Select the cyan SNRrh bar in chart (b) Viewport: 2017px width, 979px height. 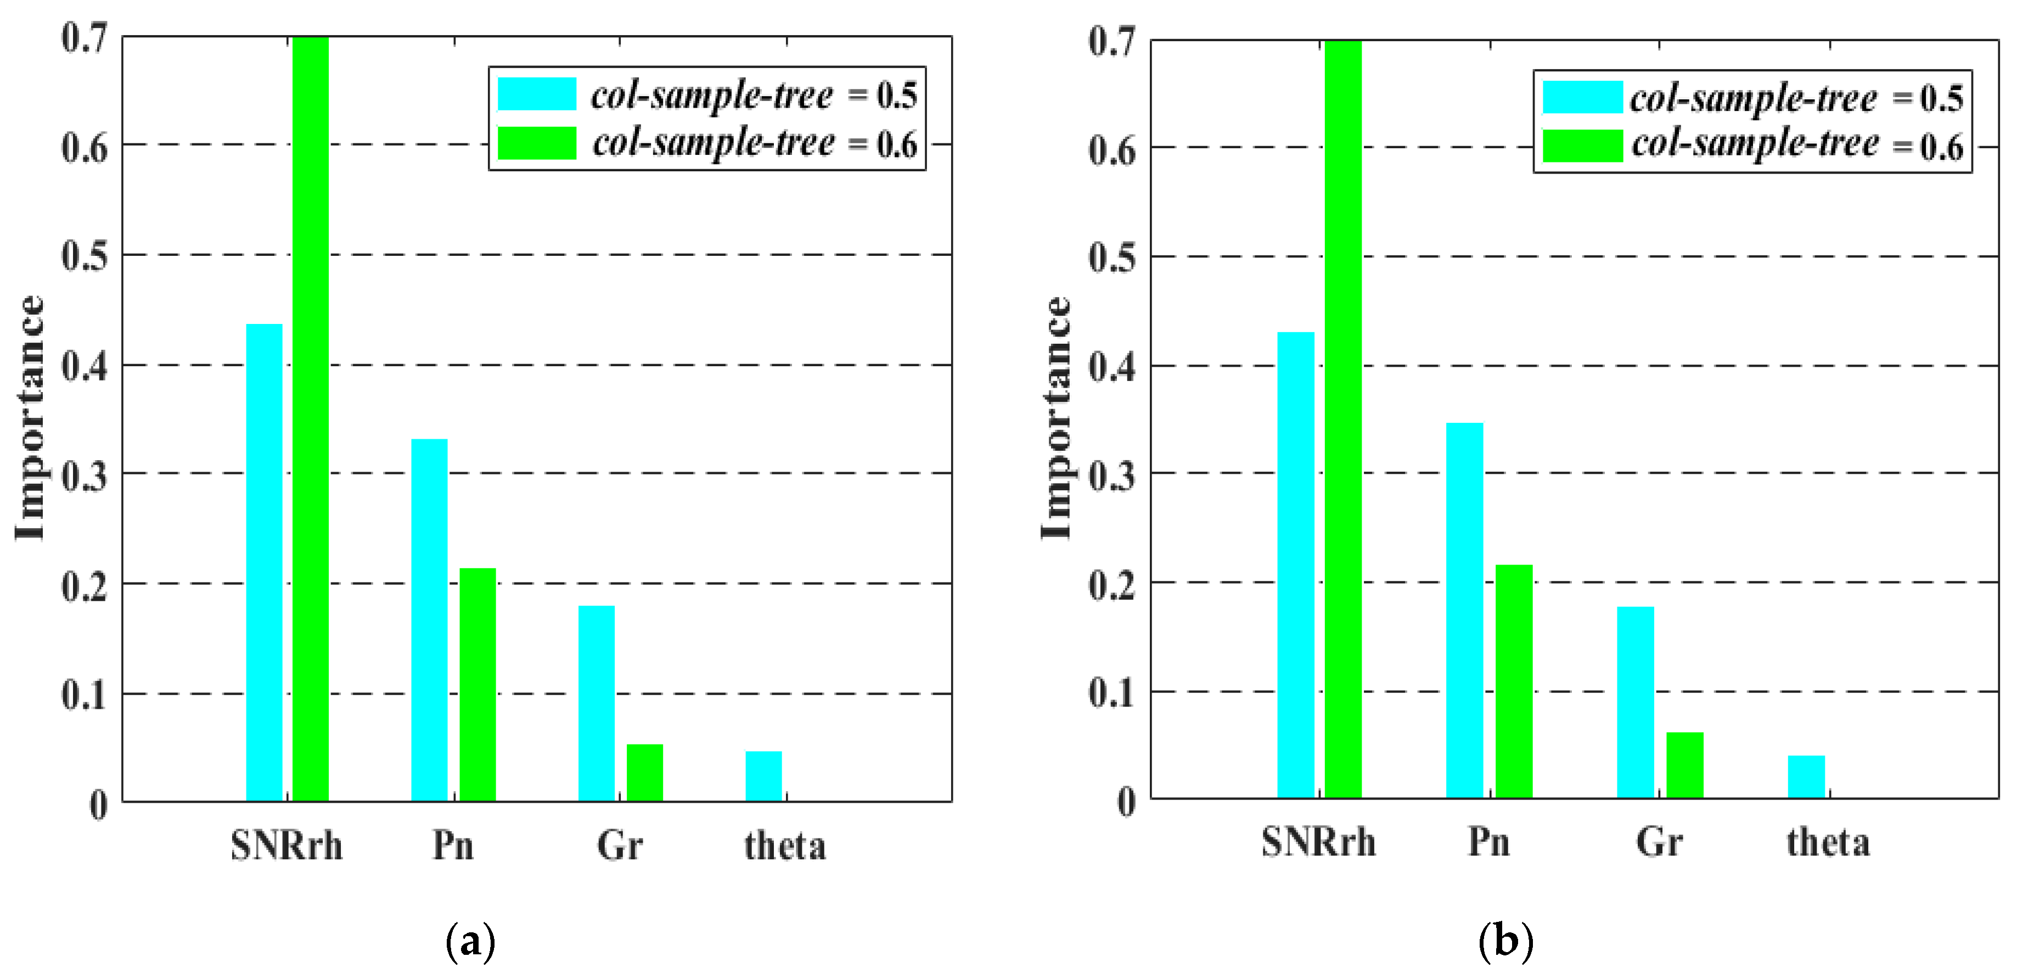(x=1296, y=564)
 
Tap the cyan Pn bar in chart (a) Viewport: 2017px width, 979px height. (x=429, y=619)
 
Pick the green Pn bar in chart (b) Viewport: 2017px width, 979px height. (x=1514, y=681)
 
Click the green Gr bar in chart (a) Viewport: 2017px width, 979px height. (x=644, y=772)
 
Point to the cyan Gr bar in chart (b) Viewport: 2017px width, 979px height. (x=1635, y=702)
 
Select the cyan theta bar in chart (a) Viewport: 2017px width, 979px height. (x=763, y=775)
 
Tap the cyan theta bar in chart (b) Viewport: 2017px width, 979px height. (x=1806, y=777)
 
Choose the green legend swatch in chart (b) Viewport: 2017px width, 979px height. (x=1582, y=146)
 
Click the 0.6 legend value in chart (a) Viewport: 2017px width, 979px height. (x=896, y=145)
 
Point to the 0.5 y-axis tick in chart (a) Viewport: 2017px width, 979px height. (x=85, y=256)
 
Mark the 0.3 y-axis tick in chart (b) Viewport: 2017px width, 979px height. (x=1112, y=475)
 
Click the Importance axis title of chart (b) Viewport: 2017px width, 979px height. (x=1057, y=419)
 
